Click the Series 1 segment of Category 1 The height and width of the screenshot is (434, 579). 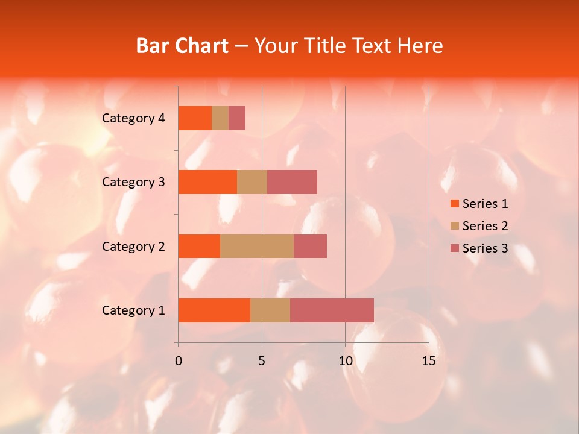point(214,310)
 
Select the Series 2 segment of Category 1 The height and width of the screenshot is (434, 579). point(270,310)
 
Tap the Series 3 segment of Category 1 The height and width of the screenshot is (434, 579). point(332,310)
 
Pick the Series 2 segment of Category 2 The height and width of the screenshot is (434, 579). point(257,246)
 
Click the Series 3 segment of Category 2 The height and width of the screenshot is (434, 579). point(310,246)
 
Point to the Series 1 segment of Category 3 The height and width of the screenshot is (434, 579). point(207,182)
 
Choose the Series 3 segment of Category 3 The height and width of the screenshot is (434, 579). point(292,182)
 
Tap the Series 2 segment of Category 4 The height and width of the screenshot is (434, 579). point(220,118)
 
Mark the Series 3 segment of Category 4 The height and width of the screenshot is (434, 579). point(237,118)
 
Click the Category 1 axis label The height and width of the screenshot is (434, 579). point(133,310)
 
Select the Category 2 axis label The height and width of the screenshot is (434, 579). point(133,246)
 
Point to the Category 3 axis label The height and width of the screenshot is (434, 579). point(133,182)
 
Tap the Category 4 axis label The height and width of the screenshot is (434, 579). point(133,118)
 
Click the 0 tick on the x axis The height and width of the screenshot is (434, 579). point(179,361)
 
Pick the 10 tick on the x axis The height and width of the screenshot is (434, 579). point(345,361)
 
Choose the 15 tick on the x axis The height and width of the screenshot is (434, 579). point(429,361)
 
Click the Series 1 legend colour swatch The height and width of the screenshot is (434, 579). point(454,204)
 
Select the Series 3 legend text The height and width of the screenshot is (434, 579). point(485,248)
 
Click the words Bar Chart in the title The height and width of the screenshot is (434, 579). point(182,46)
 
